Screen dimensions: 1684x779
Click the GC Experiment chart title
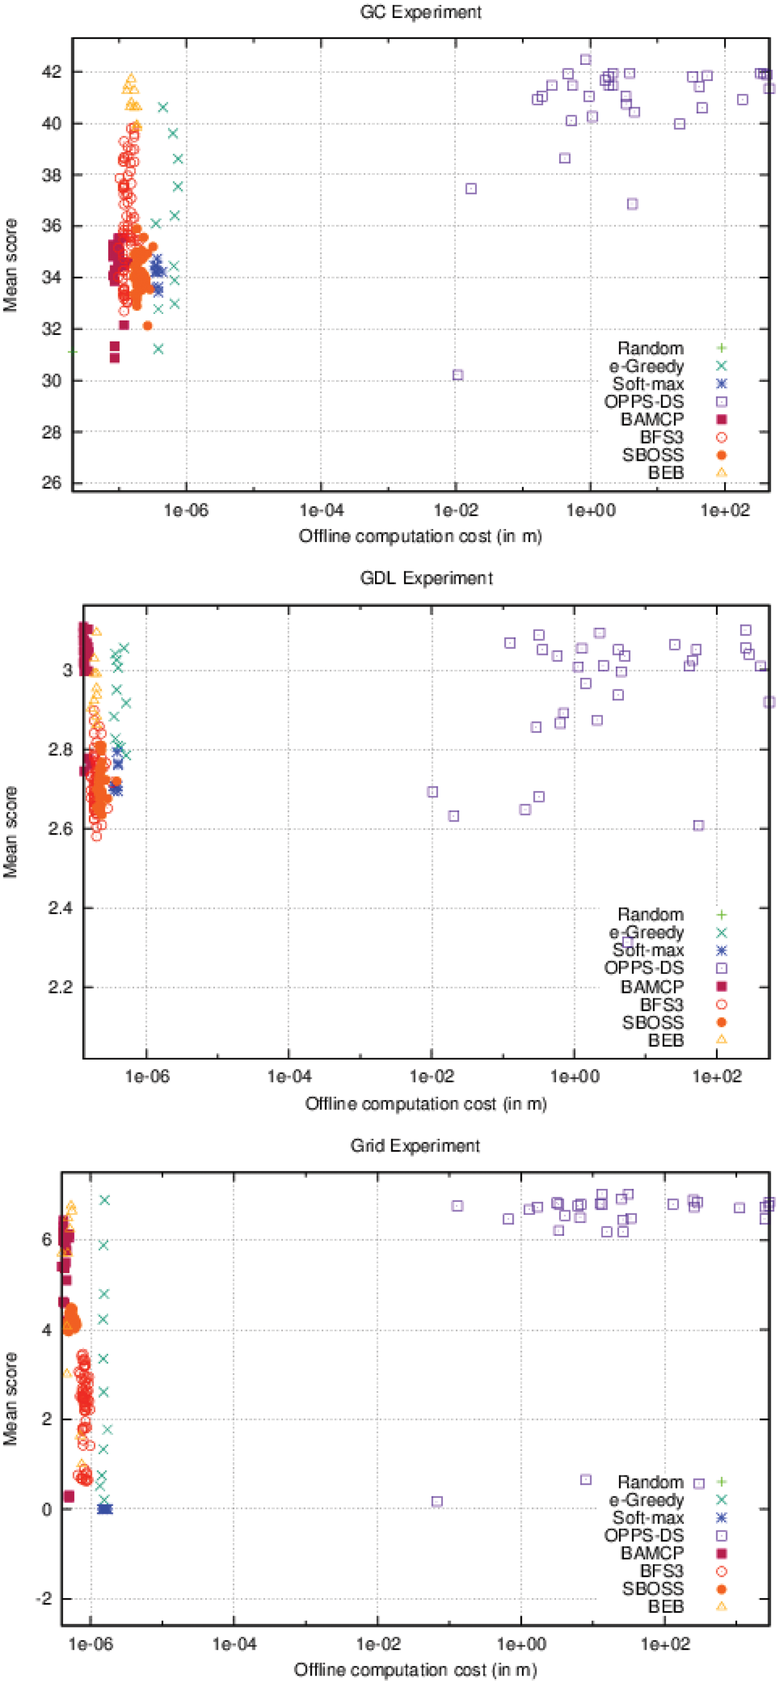click(x=420, y=12)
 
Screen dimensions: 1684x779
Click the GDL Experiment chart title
click(x=426, y=578)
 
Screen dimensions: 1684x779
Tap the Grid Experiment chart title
click(x=415, y=1145)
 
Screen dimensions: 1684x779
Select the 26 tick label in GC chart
click(x=51, y=482)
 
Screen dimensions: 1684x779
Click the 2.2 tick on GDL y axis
click(x=60, y=986)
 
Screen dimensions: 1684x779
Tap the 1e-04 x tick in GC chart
click(x=321, y=509)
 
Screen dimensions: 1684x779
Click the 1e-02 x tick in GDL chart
click(x=432, y=1076)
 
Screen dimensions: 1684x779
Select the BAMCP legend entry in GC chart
click(x=652, y=419)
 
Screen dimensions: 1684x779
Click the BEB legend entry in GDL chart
click(x=666, y=1039)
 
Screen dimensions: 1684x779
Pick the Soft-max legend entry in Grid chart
click(x=647, y=1517)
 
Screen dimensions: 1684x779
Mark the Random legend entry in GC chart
click(x=651, y=348)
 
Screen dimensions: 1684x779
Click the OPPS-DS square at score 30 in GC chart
click(x=458, y=375)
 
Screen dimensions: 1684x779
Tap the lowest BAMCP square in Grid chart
click(x=69, y=1496)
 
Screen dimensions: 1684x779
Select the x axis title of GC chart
click(x=420, y=536)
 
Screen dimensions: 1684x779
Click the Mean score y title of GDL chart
click(x=10, y=832)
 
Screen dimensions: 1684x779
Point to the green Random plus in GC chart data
click(x=73, y=352)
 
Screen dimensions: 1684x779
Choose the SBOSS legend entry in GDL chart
click(x=653, y=1022)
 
